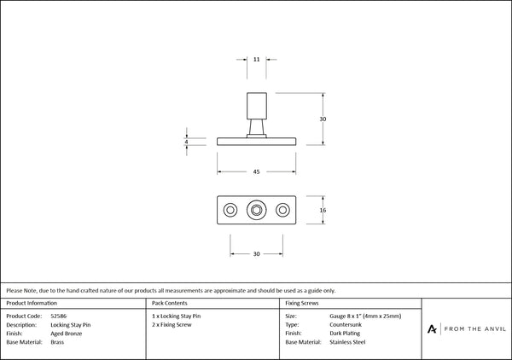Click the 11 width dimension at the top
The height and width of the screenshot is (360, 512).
(256, 60)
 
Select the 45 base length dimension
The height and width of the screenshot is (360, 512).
(256, 171)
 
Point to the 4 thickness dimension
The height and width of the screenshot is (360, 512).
(186, 142)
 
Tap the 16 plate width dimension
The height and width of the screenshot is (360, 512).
(323, 210)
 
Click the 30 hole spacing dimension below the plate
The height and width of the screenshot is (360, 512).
(256, 253)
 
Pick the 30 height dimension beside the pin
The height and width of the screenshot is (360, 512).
(323, 119)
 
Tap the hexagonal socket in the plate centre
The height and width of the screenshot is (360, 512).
(256, 210)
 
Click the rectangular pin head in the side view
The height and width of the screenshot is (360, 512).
(257, 106)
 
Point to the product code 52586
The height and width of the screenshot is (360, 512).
(58, 316)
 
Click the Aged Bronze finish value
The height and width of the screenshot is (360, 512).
(67, 334)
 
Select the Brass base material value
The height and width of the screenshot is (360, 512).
(57, 342)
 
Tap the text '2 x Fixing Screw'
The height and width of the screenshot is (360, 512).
(172, 325)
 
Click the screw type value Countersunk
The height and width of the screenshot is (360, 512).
(346, 325)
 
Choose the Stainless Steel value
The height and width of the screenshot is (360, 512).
(347, 342)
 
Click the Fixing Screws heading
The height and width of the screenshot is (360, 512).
(302, 303)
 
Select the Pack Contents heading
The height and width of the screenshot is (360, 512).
(170, 303)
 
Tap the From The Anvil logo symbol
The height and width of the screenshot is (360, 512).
(432, 329)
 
